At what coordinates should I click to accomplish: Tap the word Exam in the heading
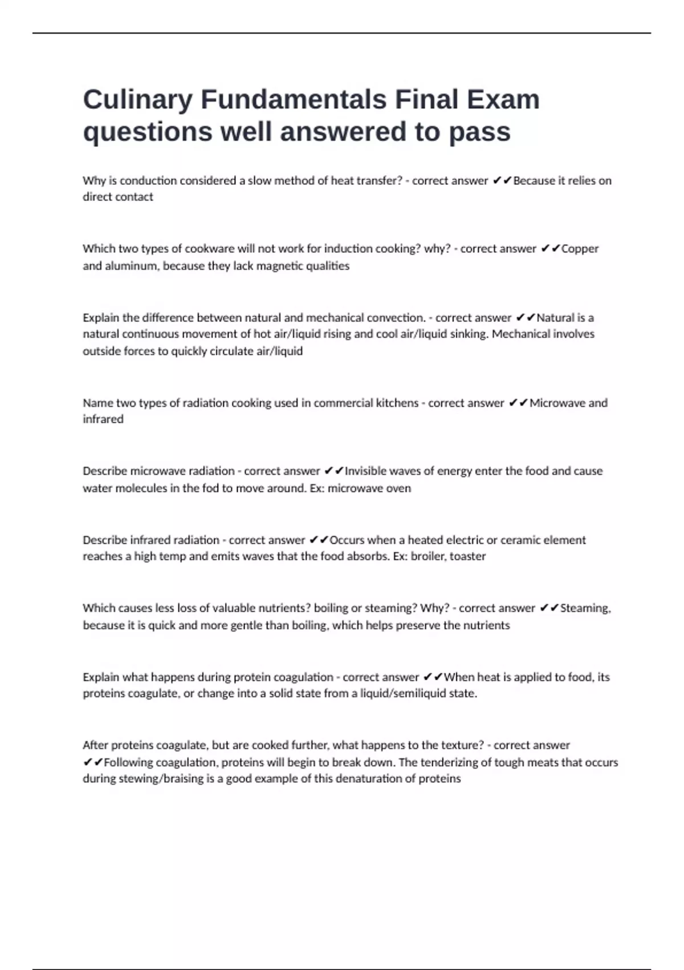(503, 100)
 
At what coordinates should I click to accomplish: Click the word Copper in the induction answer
(580, 249)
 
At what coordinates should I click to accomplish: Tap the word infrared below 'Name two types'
(103, 419)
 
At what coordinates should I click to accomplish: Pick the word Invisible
(365, 471)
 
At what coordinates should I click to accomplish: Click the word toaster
(467, 556)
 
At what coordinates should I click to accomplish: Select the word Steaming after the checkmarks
(585, 608)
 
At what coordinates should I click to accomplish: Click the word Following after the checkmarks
(128, 762)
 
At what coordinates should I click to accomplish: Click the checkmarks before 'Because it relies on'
(502, 181)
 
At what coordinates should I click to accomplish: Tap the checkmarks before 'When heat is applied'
(433, 677)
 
